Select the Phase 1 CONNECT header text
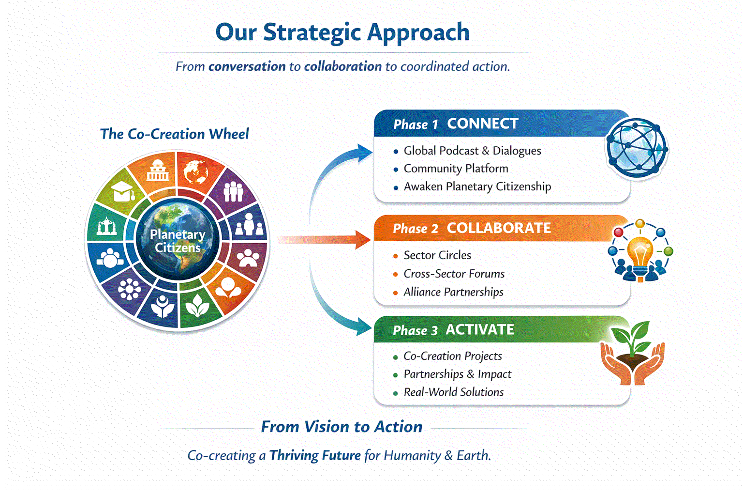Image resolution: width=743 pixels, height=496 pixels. tap(456, 124)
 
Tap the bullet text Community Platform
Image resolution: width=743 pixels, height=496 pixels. tap(456, 169)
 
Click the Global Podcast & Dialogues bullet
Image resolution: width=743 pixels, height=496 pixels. tap(472, 151)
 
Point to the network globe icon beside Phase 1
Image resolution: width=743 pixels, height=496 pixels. tap(637, 147)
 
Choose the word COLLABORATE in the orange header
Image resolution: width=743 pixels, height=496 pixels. tap(499, 228)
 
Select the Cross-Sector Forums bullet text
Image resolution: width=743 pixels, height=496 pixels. tap(454, 274)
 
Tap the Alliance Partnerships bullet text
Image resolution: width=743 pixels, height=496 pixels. tap(453, 292)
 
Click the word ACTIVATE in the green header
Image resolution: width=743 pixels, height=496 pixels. tap(480, 330)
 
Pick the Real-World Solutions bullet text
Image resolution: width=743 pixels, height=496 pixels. tap(454, 392)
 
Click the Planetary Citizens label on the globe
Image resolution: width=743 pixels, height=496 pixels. tap(178, 241)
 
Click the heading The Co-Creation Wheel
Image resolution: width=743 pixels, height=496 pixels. tap(174, 134)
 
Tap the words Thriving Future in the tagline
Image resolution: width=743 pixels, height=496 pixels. tap(315, 455)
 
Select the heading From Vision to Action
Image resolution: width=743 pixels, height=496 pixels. tap(342, 427)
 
